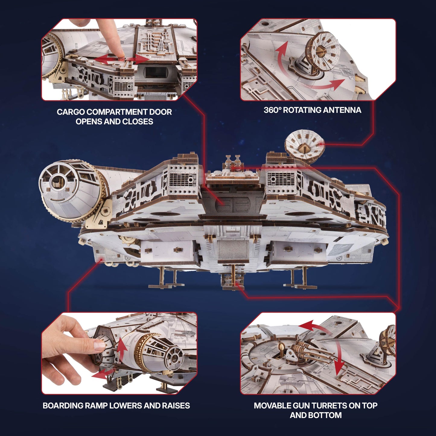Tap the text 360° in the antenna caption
point(272,110)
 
